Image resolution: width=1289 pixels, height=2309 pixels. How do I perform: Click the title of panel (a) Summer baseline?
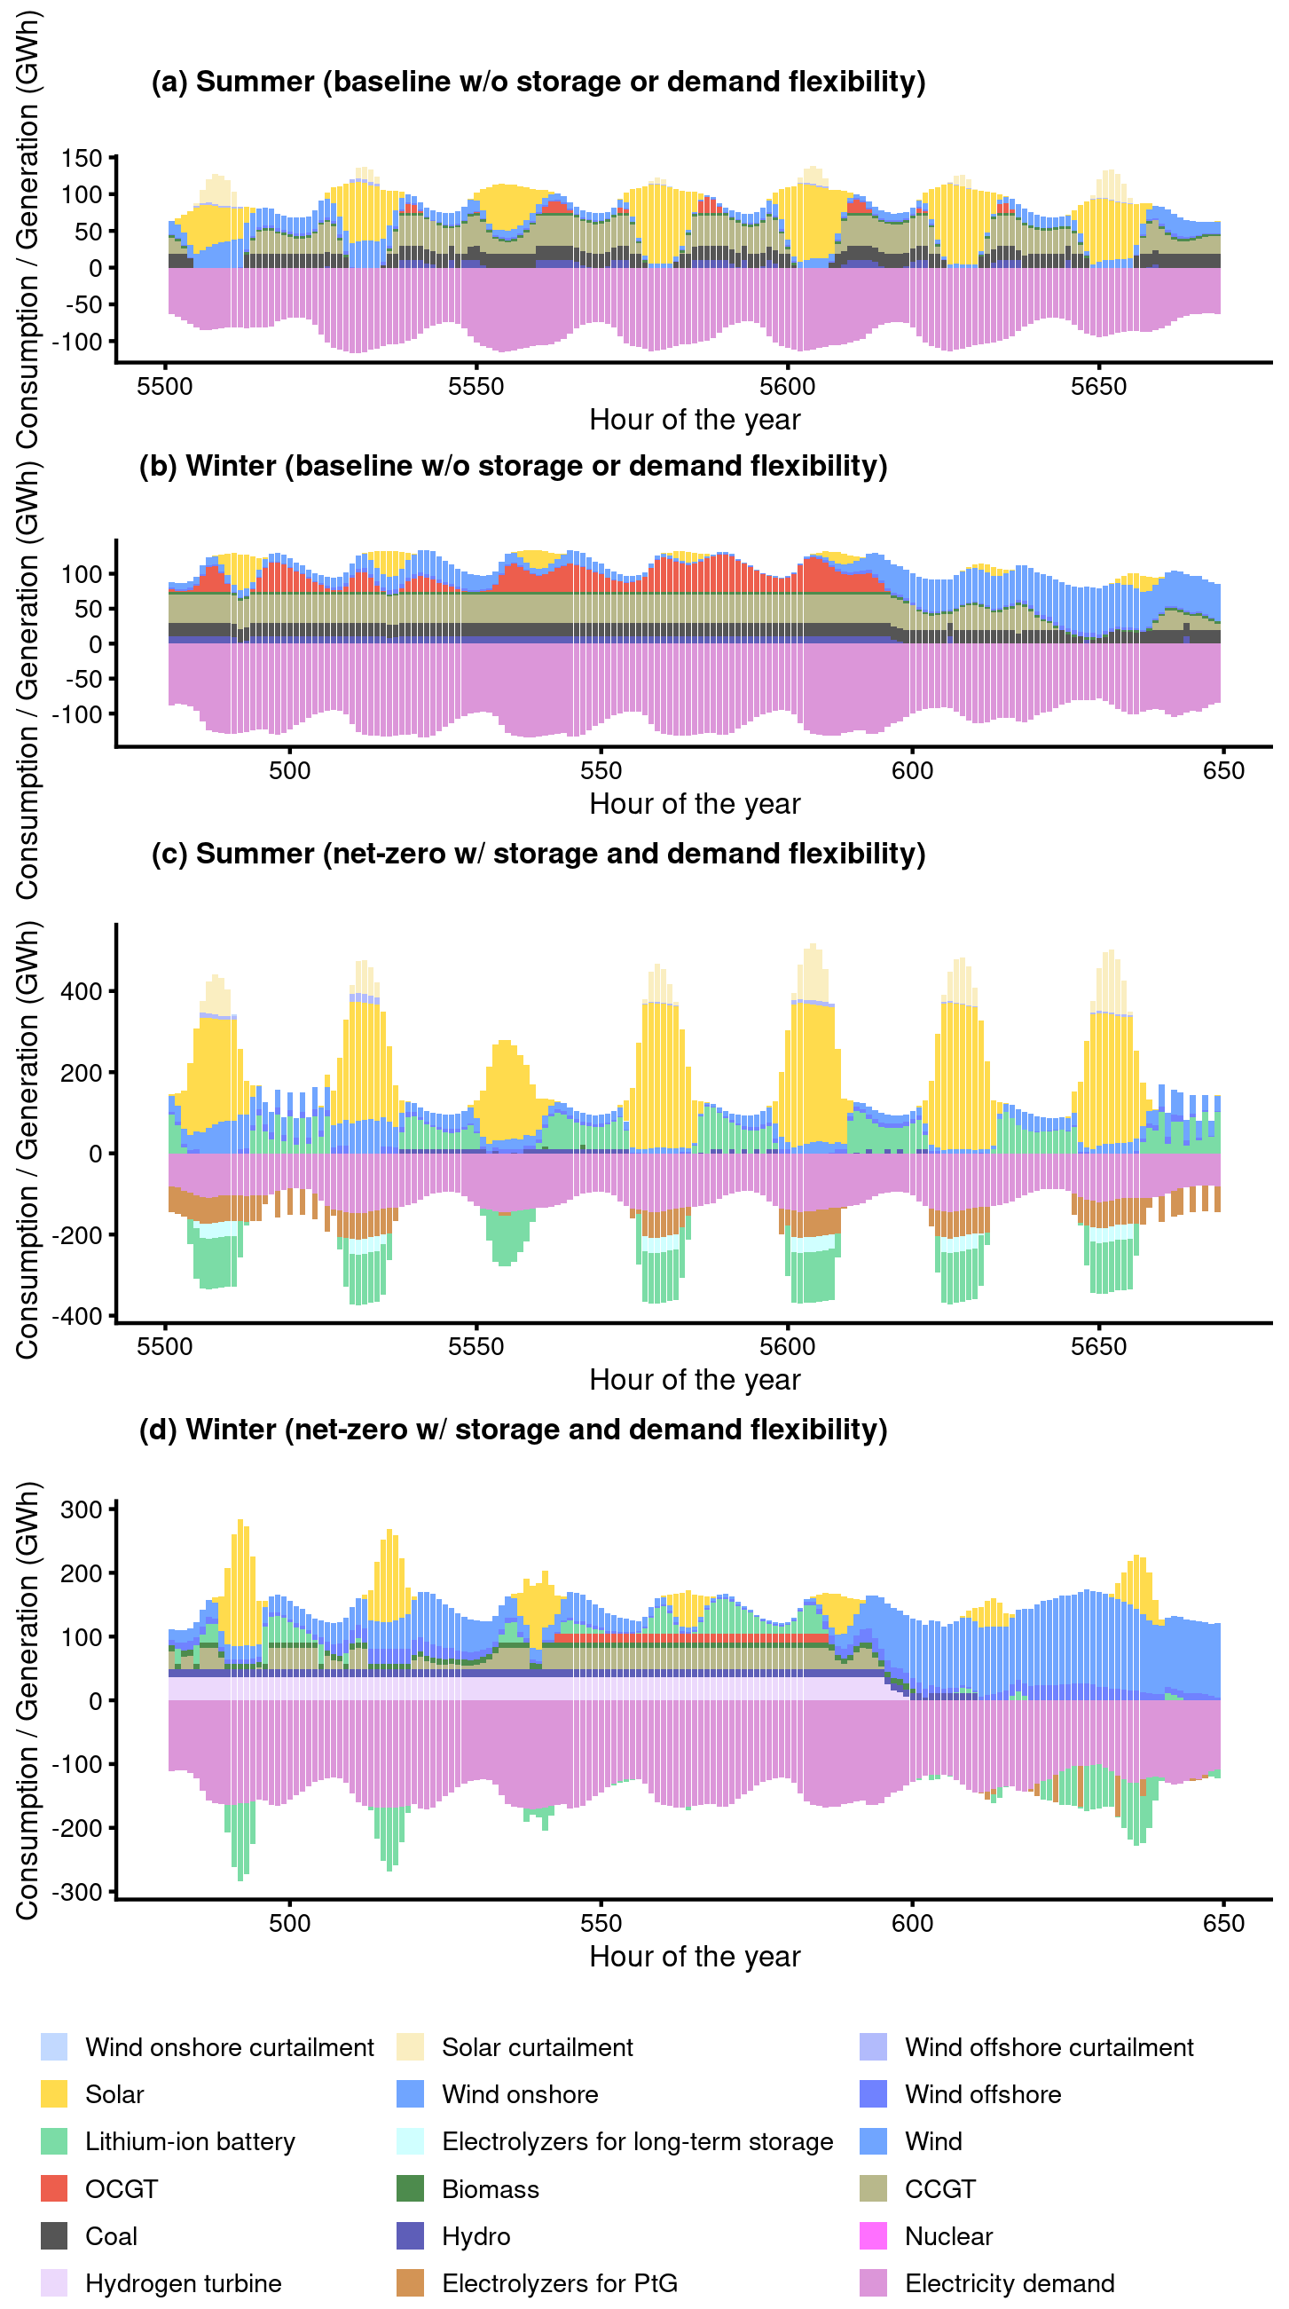(x=538, y=82)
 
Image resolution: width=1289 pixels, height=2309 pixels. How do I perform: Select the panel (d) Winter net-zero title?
(x=513, y=1429)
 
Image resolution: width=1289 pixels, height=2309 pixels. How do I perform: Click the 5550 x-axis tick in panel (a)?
(x=476, y=386)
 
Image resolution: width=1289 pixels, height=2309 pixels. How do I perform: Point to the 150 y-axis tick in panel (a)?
(x=82, y=159)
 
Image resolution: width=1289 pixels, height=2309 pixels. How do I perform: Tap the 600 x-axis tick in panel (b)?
(x=912, y=771)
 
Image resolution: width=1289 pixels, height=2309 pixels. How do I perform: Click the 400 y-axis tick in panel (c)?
(x=82, y=991)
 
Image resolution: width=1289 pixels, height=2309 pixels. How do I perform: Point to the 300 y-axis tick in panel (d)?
(x=82, y=1509)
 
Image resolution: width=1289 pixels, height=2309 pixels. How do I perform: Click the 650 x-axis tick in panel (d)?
(x=1222, y=1924)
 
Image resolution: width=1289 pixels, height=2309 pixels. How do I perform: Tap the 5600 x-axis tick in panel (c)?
(x=787, y=1346)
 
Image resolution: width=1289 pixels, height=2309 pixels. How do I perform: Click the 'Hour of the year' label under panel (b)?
(x=695, y=804)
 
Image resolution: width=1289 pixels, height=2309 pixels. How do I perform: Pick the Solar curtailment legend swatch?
(x=410, y=2047)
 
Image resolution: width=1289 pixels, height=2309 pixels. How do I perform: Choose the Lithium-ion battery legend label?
(x=190, y=2141)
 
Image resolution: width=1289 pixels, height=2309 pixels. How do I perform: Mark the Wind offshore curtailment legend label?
(x=1049, y=2047)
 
